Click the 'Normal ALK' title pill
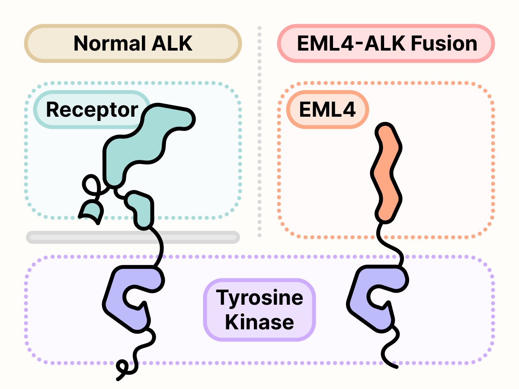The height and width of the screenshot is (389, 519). click(x=133, y=43)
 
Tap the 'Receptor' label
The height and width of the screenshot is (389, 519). click(x=92, y=110)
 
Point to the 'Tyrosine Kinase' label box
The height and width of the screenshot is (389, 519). click(x=259, y=309)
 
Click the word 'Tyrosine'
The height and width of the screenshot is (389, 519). click(x=259, y=298)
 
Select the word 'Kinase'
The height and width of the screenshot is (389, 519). click(x=259, y=322)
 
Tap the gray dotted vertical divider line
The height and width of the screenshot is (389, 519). click(x=259, y=130)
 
